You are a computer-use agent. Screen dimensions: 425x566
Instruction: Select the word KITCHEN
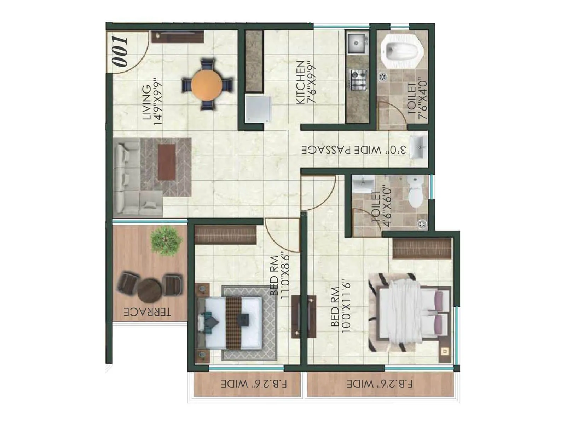point(300,82)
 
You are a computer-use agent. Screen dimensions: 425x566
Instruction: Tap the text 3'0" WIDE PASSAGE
point(354,150)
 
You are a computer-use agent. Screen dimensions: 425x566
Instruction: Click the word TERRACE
point(147,312)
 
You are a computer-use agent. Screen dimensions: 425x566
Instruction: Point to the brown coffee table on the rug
point(167,162)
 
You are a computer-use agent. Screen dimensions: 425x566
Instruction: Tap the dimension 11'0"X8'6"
point(285,275)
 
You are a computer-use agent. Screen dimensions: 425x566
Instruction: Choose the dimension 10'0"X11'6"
point(346,307)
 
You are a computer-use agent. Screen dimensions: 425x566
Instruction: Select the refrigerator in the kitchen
point(258,109)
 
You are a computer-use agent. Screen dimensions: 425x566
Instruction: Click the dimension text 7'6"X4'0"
point(423,99)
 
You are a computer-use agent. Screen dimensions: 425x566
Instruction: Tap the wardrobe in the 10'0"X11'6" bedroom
point(422,248)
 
